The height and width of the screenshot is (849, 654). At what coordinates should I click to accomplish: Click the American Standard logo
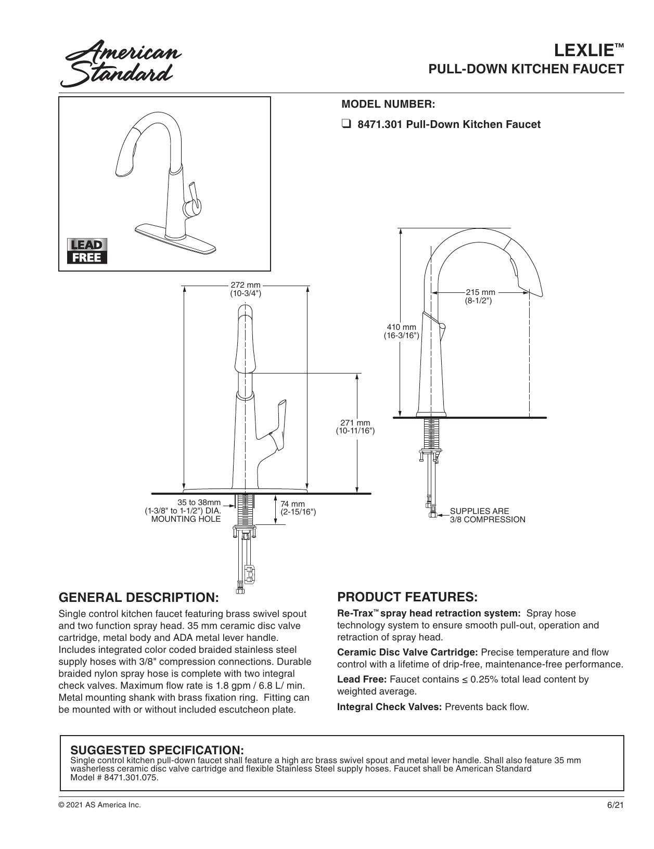pyautogui.click(x=121, y=63)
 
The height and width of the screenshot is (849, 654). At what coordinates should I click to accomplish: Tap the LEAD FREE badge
pyautogui.click(x=87, y=251)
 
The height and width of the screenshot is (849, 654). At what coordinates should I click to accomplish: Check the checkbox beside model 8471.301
pyautogui.click(x=346, y=125)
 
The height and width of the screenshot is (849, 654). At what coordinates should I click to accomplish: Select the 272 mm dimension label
pyautogui.click(x=246, y=290)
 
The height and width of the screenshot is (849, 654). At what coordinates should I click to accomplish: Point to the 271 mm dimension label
pyautogui.click(x=355, y=427)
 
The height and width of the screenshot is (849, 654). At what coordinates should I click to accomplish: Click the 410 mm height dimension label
pyautogui.click(x=401, y=331)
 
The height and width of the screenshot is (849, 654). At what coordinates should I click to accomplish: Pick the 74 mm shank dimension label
pyautogui.click(x=298, y=508)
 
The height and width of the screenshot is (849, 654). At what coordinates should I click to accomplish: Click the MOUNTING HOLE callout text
pyautogui.click(x=186, y=519)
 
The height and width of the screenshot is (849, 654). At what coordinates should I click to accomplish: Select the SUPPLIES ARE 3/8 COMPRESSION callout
pyautogui.click(x=488, y=516)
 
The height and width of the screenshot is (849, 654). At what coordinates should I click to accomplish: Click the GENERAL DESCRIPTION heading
pyautogui.click(x=139, y=597)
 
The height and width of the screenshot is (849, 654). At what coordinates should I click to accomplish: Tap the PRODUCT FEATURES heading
pyautogui.click(x=407, y=597)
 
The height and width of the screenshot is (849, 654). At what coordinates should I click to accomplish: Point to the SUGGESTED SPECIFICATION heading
pyautogui.click(x=157, y=750)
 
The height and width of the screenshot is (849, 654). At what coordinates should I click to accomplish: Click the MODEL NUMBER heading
pyautogui.click(x=388, y=105)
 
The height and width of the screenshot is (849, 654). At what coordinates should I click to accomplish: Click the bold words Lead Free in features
pyautogui.click(x=362, y=679)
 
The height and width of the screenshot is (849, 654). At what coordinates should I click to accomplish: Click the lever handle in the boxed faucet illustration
pyautogui.click(x=194, y=199)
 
